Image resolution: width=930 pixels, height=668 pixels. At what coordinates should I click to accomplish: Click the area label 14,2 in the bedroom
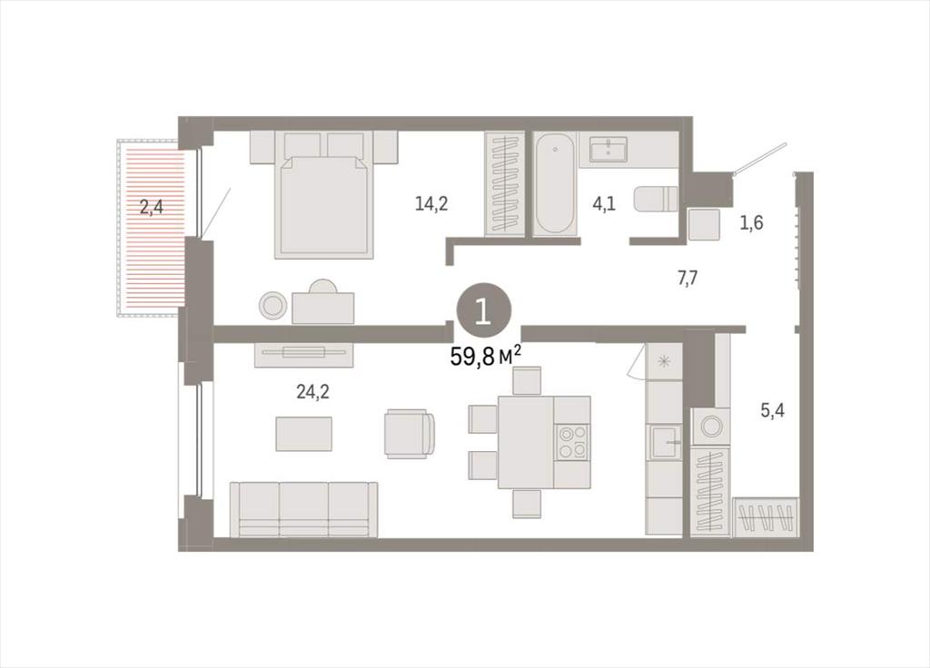point(431,204)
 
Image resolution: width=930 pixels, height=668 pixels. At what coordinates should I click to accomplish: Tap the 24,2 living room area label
point(312,391)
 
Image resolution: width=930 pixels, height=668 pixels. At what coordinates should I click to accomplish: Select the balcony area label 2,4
point(152,208)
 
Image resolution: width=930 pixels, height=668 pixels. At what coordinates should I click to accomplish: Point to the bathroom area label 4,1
point(604,204)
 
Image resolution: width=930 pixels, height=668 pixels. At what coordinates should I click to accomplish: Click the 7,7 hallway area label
point(688,278)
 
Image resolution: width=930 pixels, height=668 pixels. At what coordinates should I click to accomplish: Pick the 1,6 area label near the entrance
point(751,223)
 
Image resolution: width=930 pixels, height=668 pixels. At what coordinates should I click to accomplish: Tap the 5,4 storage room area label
point(772,409)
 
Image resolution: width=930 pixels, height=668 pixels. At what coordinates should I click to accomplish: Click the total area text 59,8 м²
point(486,356)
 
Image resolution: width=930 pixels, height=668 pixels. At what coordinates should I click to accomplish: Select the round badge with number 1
point(483,311)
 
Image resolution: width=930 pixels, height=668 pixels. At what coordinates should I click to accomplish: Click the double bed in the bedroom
point(324,195)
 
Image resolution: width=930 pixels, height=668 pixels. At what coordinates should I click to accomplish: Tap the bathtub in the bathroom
point(555,183)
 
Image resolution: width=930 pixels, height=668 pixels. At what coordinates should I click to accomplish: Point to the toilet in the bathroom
point(656,199)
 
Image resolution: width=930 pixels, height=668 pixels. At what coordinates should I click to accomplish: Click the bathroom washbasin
point(608,148)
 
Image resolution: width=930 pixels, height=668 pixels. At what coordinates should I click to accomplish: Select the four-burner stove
point(572,442)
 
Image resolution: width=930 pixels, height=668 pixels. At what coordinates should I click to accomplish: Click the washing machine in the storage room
point(710,426)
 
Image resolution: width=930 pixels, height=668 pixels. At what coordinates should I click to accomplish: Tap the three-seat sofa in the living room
point(303,509)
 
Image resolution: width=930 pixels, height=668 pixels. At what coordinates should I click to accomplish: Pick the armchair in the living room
point(410,433)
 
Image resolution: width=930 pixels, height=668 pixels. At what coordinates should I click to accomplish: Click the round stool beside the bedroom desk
point(272,306)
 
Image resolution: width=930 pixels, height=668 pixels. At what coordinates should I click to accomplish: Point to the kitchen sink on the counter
point(665,442)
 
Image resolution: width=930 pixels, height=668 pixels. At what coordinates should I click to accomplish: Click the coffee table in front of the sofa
point(303,434)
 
